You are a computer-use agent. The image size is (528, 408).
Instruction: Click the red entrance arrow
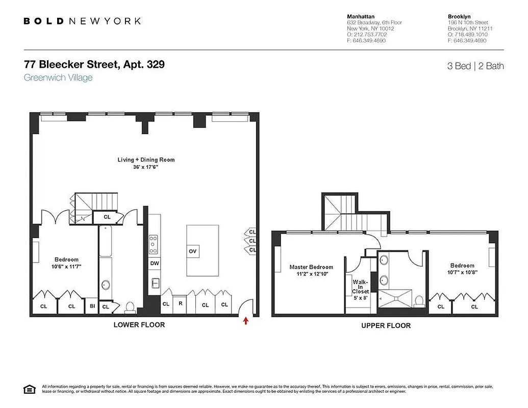pyautogui.click(x=246, y=321)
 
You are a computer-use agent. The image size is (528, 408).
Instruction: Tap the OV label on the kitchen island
pyautogui.click(x=192, y=251)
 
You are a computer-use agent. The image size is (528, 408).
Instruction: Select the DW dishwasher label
pyautogui.click(x=154, y=264)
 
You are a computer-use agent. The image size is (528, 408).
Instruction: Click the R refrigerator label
pyautogui.click(x=180, y=304)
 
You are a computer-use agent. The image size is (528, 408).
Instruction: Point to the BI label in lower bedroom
pyautogui.click(x=92, y=306)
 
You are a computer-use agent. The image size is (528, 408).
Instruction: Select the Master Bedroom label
pyautogui.click(x=311, y=267)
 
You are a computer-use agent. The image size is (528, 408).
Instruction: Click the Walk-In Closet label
pyautogui.click(x=360, y=287)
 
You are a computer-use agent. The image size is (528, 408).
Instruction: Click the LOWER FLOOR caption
pyautogui.click(x=139, y=325)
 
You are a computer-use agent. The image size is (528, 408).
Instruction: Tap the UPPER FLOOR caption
pyautogui.click(x=386, y=325)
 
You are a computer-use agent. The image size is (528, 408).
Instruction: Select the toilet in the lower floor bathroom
pyautogui.click(x=130, y=307)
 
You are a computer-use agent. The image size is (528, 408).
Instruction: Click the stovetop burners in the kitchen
pyautogui.click(x=153, y=244)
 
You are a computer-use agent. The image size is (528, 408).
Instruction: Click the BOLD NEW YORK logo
pyautogui.click(x=82, y=21)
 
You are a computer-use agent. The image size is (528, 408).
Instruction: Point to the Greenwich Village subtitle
pyautogui.click(x=58, y=78)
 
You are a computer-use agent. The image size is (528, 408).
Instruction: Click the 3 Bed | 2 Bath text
pyautogui.click(x=475, y=66)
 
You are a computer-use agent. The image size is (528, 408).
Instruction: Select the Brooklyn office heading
pyautogui.click(x=459, y=16)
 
